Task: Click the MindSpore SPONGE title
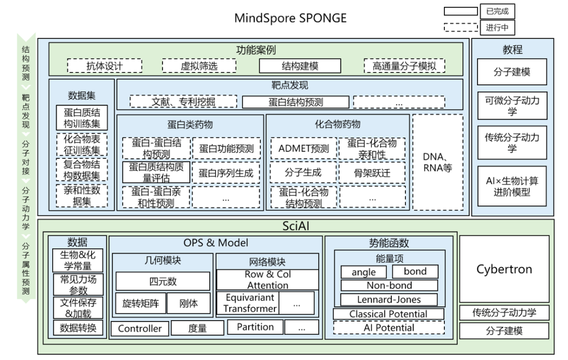tap(290, 18)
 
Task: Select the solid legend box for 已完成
tap(460, 12)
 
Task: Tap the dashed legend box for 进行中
tap(460, 27)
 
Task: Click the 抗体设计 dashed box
tap(105, 66)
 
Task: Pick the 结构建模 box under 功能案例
tap(297, 66)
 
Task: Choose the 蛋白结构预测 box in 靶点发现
tap(296, 102)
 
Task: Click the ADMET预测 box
tap(303, 148)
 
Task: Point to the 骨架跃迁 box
tap(372, 172)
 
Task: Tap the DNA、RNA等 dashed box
tap(438, 162)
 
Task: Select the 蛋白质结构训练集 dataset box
tap(82, 118)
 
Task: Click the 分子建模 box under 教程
tap(512, 72)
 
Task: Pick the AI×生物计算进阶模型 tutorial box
tap(512, 186)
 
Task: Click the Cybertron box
tap(504, 269)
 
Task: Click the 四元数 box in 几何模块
tap(162, 281)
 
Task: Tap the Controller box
tap(139, 328)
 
